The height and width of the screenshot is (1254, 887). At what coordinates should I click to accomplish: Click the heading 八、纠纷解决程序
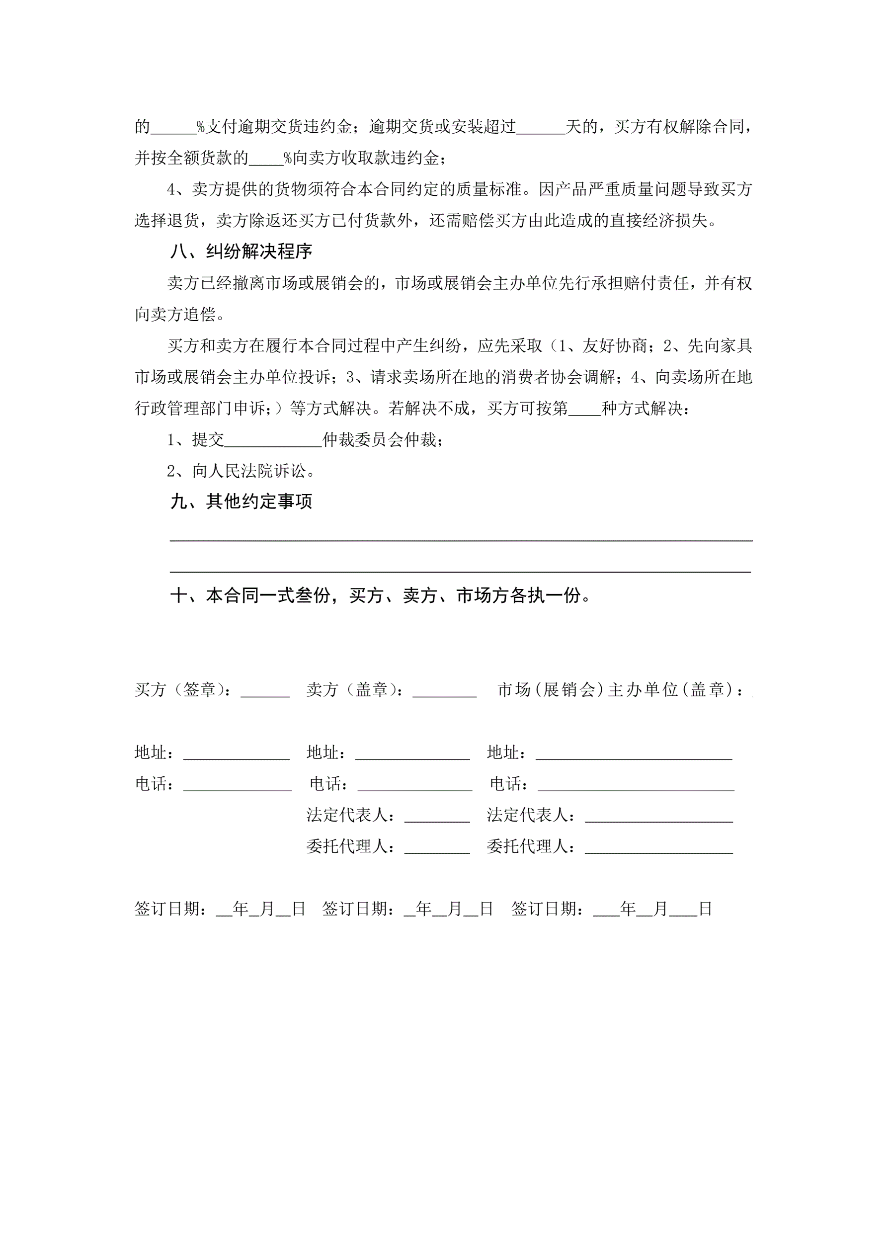(x=241, y=252)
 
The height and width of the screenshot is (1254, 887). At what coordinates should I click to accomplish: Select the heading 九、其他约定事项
(x=241, y=502)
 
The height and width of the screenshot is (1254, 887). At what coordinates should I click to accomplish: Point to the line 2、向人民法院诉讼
(x=241, y=471)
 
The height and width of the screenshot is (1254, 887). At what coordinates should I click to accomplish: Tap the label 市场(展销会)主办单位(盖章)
(x=620, y=690)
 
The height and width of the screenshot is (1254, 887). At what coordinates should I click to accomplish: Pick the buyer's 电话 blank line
(x=237, y=785)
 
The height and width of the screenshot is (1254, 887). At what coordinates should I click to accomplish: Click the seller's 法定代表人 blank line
(x=437, y=817)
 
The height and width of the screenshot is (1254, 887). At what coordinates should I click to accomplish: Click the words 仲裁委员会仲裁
(x=382, y=440)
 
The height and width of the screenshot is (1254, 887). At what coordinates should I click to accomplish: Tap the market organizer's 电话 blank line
(x=636, y=785)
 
